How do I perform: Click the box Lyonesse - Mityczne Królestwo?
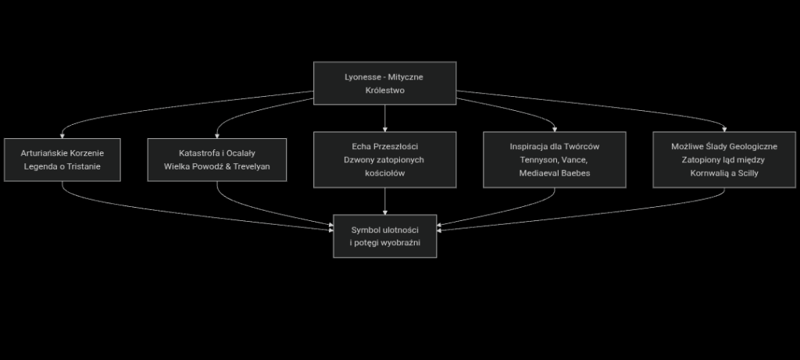point(384,83)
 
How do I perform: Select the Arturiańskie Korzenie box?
point(62,159)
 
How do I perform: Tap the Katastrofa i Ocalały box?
point(217,159)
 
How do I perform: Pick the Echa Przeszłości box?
point(384,159)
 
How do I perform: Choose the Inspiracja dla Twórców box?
point(554,159)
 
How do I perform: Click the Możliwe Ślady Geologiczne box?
point(723,159)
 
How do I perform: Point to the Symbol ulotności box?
point(384,236)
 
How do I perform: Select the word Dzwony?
point(360,160)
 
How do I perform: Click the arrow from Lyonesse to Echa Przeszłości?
point(384,117)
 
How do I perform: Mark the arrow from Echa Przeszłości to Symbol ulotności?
point(384,201)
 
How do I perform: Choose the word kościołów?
point(384,173)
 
